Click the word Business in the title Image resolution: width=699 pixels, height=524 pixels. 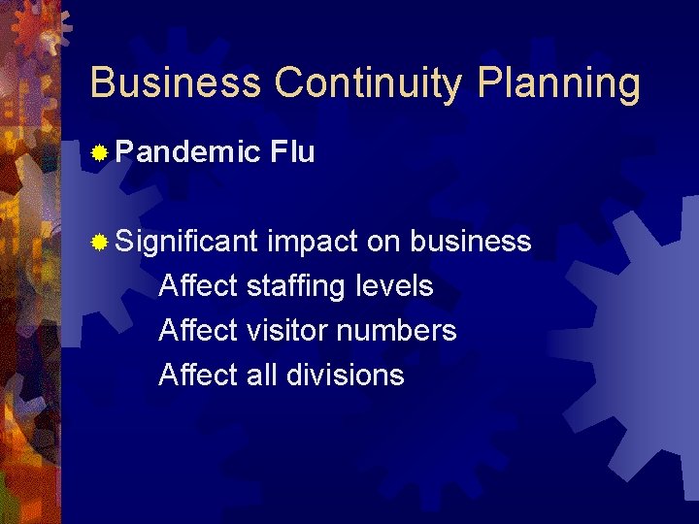pos(175,83)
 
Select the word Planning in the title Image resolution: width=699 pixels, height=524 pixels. pos(558,85)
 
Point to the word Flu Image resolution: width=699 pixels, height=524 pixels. pos(293,151)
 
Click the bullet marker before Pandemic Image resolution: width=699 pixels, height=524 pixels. pos(98,152)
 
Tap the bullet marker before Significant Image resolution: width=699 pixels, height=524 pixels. pos(98,242)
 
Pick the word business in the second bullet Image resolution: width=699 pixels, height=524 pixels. pos(471,241)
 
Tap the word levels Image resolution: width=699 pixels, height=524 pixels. pos(395,285)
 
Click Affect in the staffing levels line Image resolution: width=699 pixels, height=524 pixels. pos(198,285)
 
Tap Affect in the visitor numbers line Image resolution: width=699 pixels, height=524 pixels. pos(198,330)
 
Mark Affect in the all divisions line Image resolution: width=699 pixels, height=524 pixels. pos(198,375)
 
